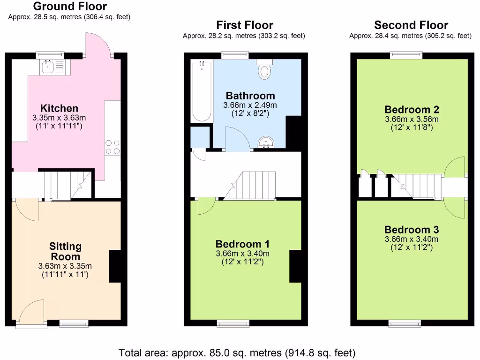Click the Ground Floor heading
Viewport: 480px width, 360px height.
point(70,7)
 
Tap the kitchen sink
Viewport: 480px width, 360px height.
point(48,67)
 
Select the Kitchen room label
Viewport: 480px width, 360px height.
point(59,108)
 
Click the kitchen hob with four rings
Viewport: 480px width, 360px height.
point(112,147)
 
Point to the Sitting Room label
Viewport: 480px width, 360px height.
point(65,251)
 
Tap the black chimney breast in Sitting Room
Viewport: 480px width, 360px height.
point(115,266)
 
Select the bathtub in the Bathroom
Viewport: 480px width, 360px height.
point(201,92)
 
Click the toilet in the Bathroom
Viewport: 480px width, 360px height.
point(265,70)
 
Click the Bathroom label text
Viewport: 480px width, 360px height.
point(250,96)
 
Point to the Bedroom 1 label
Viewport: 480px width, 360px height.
point(242,244)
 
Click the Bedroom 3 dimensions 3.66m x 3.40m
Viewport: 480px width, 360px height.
point(412,239)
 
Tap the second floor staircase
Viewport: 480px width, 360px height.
point(418,186)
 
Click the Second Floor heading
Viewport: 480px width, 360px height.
point(411,25)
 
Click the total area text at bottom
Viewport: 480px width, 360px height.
point(237,352)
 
